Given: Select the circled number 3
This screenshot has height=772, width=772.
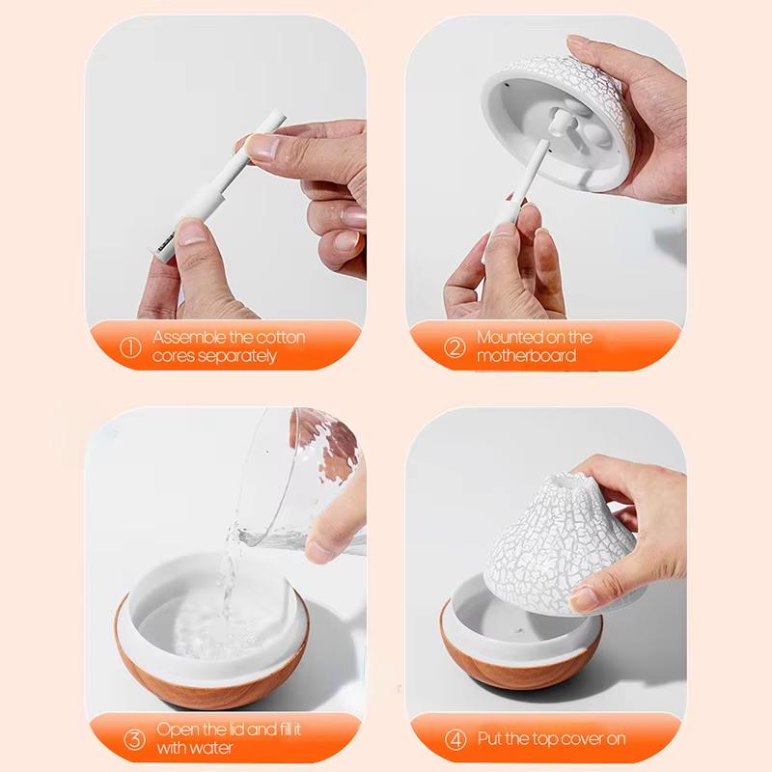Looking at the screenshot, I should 133,741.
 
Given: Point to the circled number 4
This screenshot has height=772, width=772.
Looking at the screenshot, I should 455,739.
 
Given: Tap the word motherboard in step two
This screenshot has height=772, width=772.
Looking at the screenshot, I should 527,356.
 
